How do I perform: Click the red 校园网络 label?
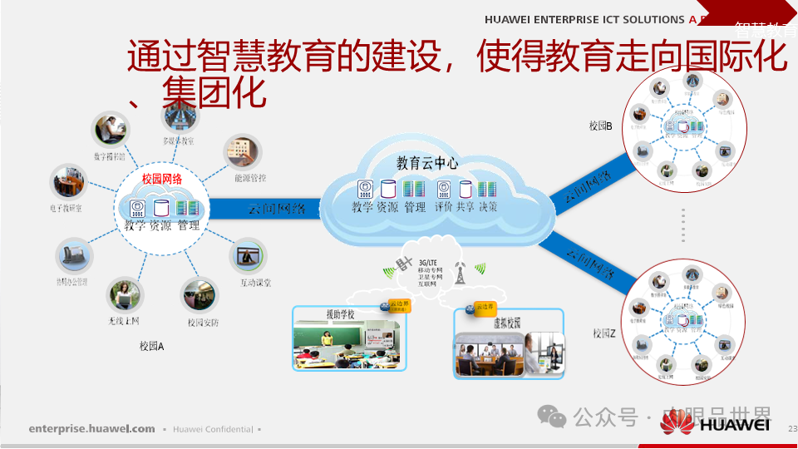click(x=161, y=179)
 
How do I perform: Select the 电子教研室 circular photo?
click(x=67, y=181)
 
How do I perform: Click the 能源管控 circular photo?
click(x=242, y=153)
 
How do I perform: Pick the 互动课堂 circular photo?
click(x=248, y=256)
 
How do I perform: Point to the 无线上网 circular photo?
click(x=124, y=295)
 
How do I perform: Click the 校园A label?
click(x=152, y=346)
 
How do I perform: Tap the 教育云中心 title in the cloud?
click(x=426, y=164)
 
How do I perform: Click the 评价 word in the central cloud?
click(x=443, y=207)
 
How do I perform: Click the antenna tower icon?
click(x=459, y=271)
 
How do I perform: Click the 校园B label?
click(x=600, y=126)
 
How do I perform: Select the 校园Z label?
click(x=604, y=333)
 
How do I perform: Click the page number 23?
click(x=791, y=428)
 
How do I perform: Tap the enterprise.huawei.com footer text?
click(x=91, y=429)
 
